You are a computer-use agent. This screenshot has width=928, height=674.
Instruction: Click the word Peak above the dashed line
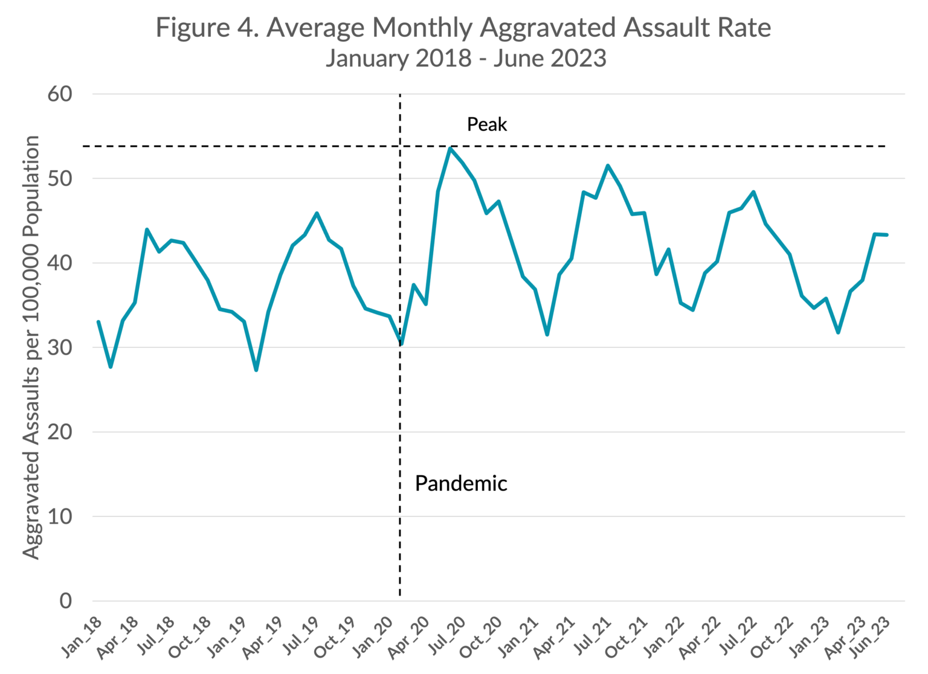(487, 124)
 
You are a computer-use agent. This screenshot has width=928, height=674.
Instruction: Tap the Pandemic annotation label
(461, 483)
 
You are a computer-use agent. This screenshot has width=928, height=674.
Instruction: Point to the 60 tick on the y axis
(60, 94)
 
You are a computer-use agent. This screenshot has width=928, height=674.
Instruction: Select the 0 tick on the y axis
(65, 600)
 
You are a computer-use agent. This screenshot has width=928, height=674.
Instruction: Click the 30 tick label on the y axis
(60, 347)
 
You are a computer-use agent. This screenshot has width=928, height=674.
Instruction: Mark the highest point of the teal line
(450, 148)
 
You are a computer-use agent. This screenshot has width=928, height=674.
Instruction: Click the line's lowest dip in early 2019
(256, 370)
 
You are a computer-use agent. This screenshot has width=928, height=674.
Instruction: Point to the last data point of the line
(886, 235)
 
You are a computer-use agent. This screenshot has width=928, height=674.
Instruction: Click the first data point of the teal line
(98, 322)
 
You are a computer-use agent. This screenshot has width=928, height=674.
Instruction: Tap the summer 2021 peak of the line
(608, 165)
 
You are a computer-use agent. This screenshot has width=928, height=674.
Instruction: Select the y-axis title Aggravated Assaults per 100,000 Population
(31, 347)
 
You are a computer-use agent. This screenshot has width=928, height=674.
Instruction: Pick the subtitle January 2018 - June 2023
(465, 59)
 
